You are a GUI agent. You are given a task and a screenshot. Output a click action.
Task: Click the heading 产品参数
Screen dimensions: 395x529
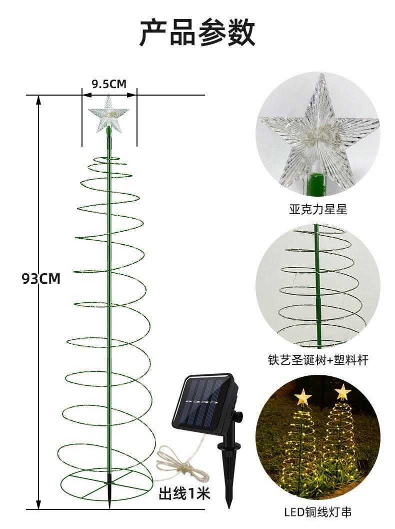pyautogui.click(x=197, y=33)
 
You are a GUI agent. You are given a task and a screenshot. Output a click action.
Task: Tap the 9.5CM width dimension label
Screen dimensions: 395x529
pyautogui.click(x=109, y=84)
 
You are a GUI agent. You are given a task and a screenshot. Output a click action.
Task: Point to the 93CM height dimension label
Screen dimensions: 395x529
pyautogui.click(x=41, y=279)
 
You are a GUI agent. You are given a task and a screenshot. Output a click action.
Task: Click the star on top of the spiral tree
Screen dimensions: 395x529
pyautogui.click(x=108, y=115)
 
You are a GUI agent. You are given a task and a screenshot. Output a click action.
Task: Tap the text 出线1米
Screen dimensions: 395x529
pyautogui.click(x=184, y=494)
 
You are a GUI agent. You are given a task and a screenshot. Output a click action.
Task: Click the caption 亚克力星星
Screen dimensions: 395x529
pyautogui.click(x=318, y=210)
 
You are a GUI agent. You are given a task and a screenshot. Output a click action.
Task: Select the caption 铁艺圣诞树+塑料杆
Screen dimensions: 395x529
pyautogui.click(x=318, y=360)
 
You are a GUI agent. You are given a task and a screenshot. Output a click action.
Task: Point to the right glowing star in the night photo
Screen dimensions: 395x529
pyautogui.click(x=342, y=391)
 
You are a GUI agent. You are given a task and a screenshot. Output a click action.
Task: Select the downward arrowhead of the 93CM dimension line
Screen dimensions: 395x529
pyautogui.click(x=38, y=504)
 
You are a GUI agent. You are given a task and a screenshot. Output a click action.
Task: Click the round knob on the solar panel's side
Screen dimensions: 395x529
pyautogui.click(x=238, y=416)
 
